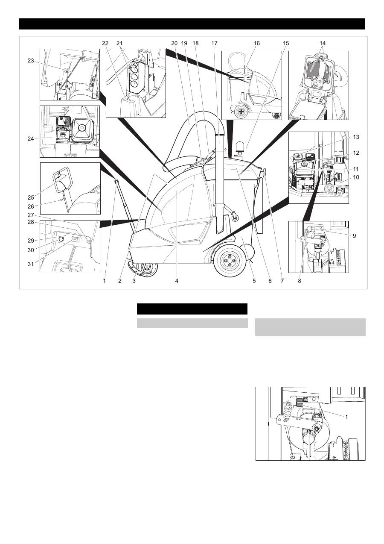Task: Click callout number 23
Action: click(x=31, y=61)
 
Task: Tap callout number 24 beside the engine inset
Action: click(x=31, y=139)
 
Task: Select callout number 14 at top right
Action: click(x=323, y=43)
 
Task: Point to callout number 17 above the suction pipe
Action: click(x=214, y=43)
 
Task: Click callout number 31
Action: click(x=31, y=264)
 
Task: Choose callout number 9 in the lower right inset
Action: click(x=355, y=236)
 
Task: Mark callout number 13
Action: click(x=356, y=137)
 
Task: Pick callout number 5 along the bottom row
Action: click(x=254, y=281)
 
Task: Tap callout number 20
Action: click(x=175, y=43)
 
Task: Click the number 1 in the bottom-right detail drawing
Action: click(x=346, y=417)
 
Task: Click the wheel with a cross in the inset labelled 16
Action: click(x=241, y=112)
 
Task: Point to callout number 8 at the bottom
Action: click(x=300, y=281)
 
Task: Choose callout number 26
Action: click(x=31, y=206)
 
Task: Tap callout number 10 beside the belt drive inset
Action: click(x=356, y=177)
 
